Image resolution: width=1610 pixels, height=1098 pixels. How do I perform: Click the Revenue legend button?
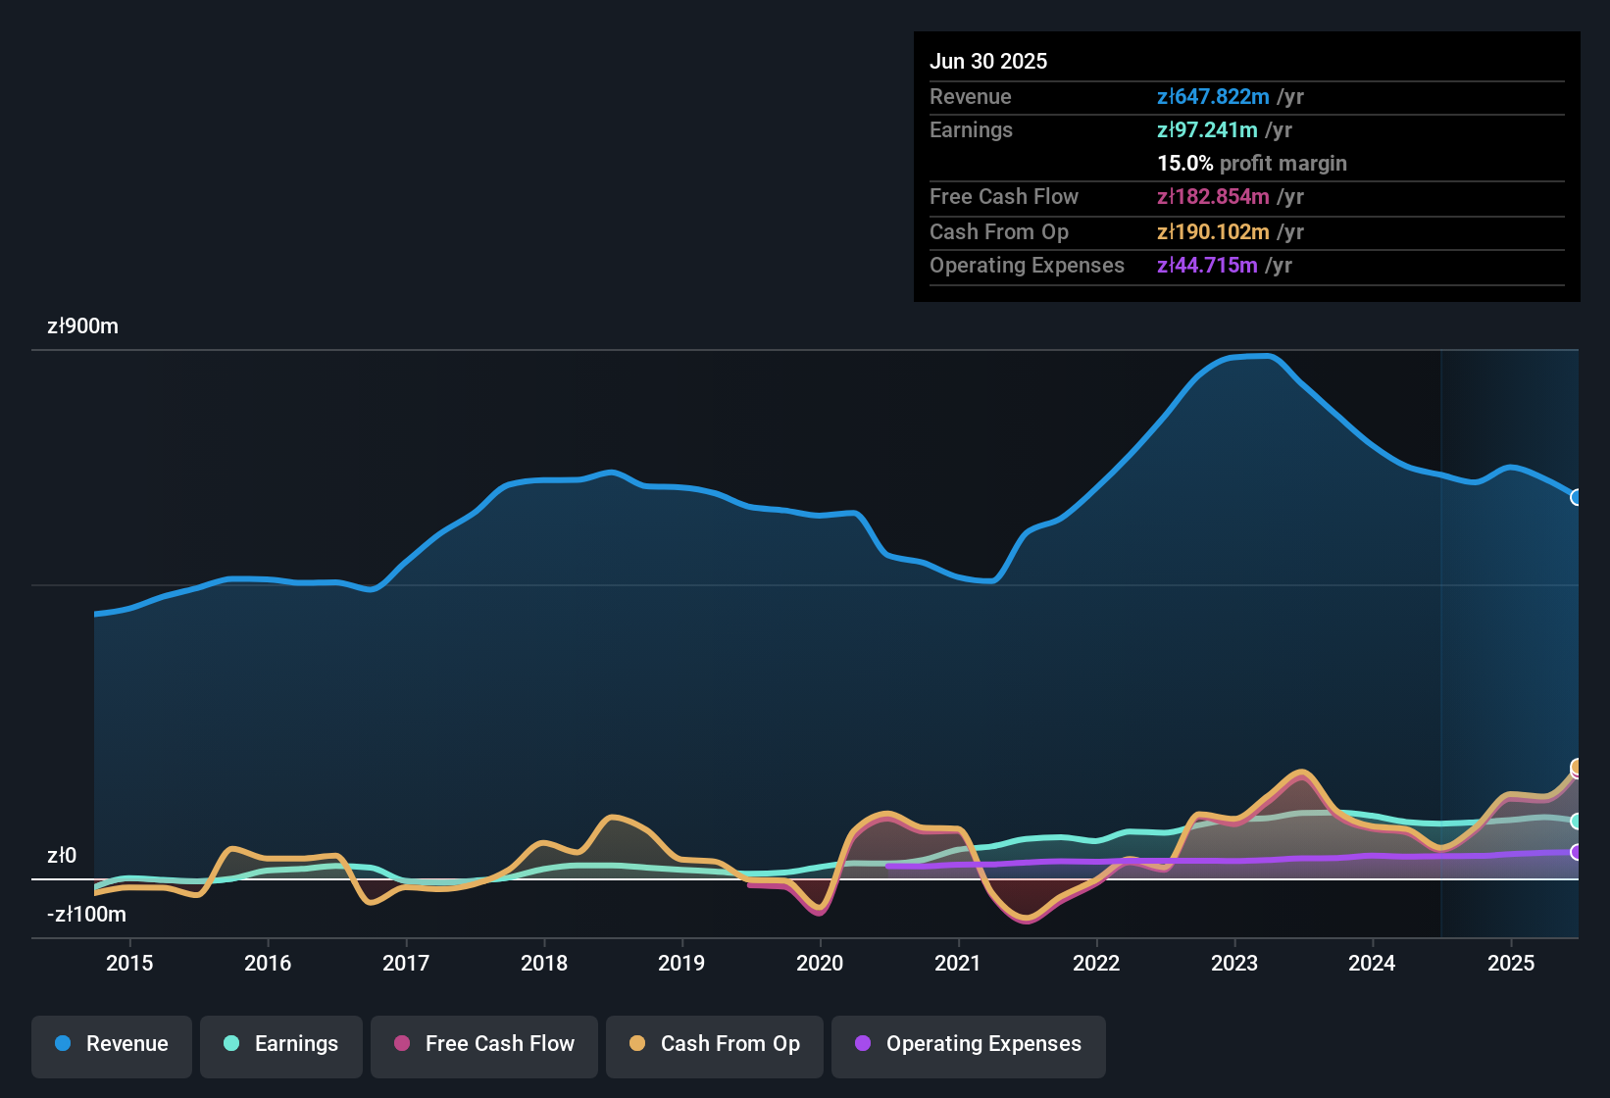click(x=112, y=1044)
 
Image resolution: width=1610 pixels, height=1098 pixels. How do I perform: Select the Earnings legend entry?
click(x=281, y=1044)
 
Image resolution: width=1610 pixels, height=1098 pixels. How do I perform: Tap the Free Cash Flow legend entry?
click(x=484, y=1044)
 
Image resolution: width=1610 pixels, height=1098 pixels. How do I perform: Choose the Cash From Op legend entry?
click(x=715, y=1044)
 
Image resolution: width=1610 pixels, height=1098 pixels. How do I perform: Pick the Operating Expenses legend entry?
click(x=969, y=1044)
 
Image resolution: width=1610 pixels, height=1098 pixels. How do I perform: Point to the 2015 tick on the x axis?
click(x=129, y=963)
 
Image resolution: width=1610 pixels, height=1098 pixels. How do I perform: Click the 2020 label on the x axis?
click(x=820, y=963)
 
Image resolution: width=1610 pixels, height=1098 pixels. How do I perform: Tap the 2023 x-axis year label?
click(x=1234, y=963)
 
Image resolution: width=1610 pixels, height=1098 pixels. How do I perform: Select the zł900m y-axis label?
click(x=82, y=326)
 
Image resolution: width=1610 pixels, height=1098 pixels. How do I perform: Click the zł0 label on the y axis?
click(x=62, y=856)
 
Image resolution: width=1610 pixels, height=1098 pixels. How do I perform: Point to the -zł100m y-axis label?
click(x=86, y=915)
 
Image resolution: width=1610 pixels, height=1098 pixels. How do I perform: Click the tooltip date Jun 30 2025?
click(x=988, y=61)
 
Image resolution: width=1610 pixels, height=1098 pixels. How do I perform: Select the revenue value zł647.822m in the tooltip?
click(x=1213, y=97)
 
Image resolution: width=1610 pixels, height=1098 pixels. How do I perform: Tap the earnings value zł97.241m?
click(x=1207, y=130)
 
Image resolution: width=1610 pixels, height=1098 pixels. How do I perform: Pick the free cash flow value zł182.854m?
click(x=1213, y=197)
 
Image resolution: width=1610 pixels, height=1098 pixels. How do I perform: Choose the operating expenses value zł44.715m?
click(x=1207, y=266)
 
